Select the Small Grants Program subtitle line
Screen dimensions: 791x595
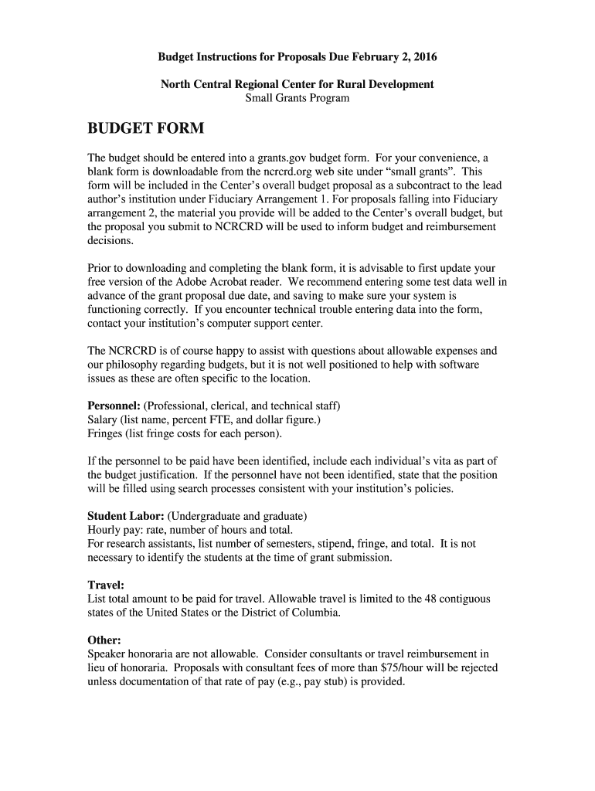pos(297,98)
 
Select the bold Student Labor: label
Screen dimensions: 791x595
pos(125,515)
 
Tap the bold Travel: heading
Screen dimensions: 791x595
pos(106,585)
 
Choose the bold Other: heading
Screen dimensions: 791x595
pos(104,640)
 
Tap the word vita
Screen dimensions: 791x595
pos(444,461)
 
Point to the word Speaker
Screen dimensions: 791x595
pos(108,654)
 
